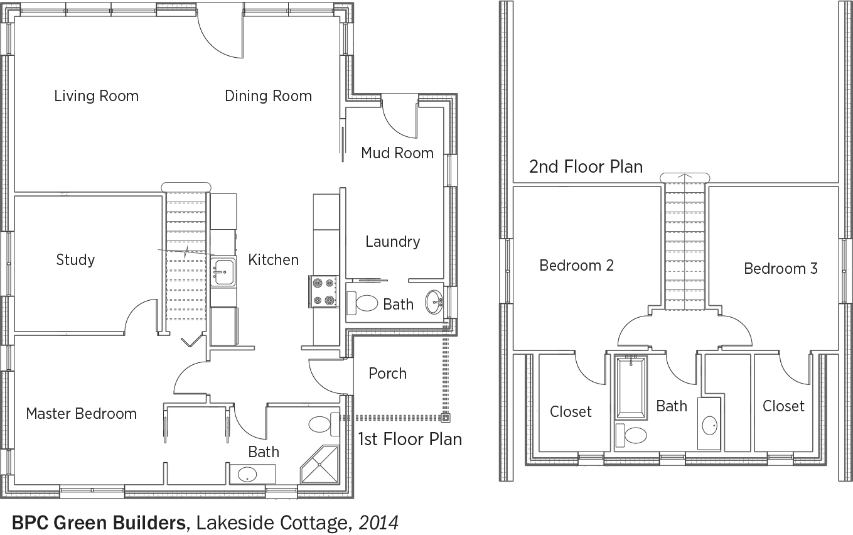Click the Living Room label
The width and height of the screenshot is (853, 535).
click(x=96, y=95)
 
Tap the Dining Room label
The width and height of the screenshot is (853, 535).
click(x=269, y=96)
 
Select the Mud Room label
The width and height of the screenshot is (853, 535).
click(x=397, y=153)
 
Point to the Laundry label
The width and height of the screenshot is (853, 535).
click(x=393, y=242)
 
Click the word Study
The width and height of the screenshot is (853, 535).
click(x=75, y=260)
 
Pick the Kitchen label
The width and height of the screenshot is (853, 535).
click(x=274, y=260)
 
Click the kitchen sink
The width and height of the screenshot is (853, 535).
click(x=223, y=272)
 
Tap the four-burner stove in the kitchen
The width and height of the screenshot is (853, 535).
click(x=323, y=292)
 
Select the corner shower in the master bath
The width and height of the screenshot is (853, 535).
click(x=320, y=465)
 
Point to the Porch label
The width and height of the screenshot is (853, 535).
click(x=388, y=374)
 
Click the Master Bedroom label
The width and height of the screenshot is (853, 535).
click(x=82, y=414)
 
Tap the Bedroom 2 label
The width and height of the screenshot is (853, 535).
click(x=577, y=266)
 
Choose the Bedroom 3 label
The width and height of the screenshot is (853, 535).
click(x=781, y=269)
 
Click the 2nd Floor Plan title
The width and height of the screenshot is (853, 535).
click(x=586, y=167)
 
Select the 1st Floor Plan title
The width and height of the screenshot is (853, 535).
click(x=410, y=440)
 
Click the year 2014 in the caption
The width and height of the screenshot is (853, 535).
click(x=378, y=523)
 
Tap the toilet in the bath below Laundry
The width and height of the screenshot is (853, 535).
click(x=362, y=303)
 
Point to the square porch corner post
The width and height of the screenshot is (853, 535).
click(x=445, y=418)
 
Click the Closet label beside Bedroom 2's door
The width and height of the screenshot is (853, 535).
click(x=571, y=412)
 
